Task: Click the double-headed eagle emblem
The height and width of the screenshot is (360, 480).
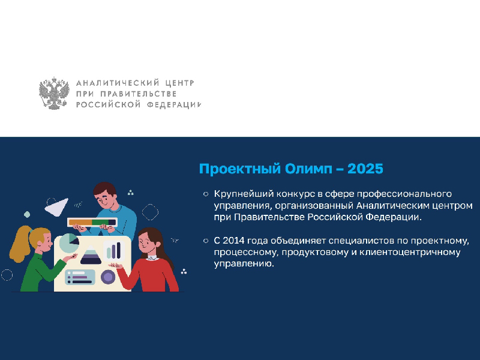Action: click(54, 94)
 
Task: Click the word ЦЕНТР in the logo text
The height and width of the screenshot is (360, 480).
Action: click(179, 83)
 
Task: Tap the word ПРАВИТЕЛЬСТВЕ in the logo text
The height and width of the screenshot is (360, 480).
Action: click(139, 94)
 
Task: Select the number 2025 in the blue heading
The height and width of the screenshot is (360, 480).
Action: click(365, 169)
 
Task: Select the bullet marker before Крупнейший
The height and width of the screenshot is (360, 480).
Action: click(206, 194)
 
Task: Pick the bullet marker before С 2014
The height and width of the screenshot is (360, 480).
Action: click(206, 241)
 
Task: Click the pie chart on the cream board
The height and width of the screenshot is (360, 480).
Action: click(69, 243)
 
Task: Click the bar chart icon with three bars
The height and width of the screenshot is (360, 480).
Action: click(114, 250)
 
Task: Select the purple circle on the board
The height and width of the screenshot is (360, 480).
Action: click(108, 277)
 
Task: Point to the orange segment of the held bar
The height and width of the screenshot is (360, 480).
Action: click(80, 222)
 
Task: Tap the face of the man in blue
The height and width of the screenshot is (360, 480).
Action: click(106, 199)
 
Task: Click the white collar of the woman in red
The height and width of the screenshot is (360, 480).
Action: click(152, 258)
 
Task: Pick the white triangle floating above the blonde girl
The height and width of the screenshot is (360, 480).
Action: click(57, 207)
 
